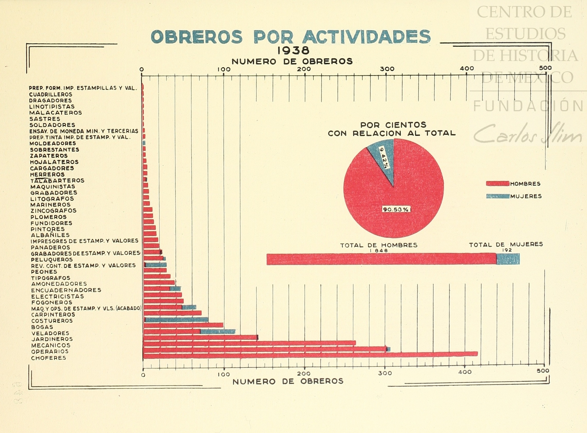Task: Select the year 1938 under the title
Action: [293, 51]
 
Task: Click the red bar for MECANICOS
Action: [249, 343]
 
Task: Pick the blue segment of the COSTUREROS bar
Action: [177, 320]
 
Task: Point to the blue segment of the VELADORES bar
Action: [218, 332]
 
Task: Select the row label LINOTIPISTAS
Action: [52, 107]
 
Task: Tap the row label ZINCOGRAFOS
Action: [54, 211]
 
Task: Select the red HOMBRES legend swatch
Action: [497, 183]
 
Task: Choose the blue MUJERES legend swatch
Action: [497, 196]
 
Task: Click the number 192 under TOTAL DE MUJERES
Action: [507, 250]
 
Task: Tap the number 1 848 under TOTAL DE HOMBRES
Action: [379, 251]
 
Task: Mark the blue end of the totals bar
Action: [508, 259]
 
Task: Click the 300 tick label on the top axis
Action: [387, 69]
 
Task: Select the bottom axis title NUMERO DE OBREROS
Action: [288, 381]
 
